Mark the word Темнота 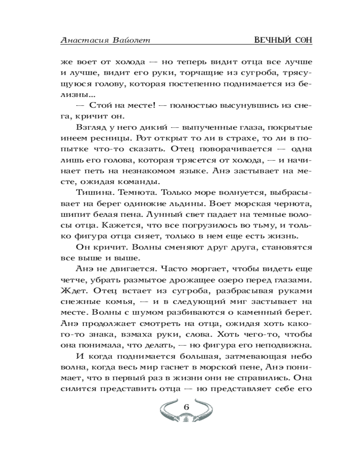139,193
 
